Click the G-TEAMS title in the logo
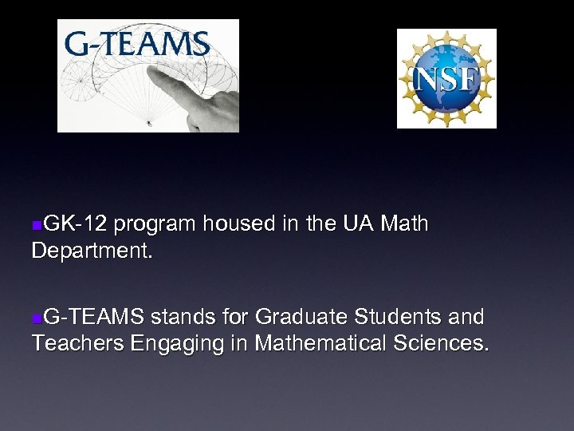137,43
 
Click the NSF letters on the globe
446,79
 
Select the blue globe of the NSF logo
446,78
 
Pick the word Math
405,225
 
